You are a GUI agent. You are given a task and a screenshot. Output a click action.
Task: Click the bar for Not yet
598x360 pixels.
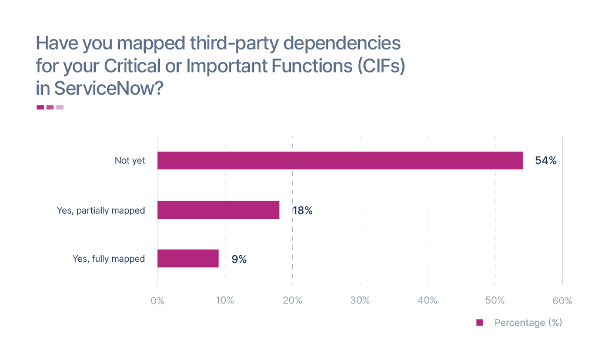[340, 161]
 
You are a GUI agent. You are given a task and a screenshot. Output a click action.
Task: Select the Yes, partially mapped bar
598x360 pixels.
[218, 210]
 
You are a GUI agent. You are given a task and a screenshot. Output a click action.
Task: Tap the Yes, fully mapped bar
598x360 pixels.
[188, 259]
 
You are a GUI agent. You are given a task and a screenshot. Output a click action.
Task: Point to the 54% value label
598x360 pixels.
[546, 161]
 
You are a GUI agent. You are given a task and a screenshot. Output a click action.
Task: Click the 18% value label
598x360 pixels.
[302, 211]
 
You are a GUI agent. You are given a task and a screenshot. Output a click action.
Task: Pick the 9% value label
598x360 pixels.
[239, 259]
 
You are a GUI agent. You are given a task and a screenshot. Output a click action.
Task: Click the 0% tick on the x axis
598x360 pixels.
[158, 301]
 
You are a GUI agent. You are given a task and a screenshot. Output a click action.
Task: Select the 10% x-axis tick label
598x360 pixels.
[225, 301]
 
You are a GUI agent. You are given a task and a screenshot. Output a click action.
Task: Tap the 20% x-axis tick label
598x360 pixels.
[293, 301]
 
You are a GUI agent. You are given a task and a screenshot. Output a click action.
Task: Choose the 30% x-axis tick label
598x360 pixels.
[360, 301]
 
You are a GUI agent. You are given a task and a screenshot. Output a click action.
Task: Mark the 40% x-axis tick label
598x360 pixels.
[427, 301]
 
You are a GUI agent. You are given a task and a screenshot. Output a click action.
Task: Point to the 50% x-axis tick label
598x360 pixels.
[495, 301]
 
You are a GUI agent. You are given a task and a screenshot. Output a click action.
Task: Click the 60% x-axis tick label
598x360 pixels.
[562, 301]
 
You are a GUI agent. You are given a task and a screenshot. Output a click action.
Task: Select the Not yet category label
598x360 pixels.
[129, 161]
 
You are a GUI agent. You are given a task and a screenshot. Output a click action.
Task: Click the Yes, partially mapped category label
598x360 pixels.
[101, 210]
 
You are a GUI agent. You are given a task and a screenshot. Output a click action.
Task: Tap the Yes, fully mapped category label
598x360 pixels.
[108, 259]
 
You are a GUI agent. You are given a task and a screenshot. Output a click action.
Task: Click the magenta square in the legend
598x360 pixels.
[479, 322]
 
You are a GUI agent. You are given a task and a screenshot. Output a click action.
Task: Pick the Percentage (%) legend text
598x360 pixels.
[528, 322]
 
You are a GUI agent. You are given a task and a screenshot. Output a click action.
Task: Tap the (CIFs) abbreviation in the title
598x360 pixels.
[382, 65]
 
